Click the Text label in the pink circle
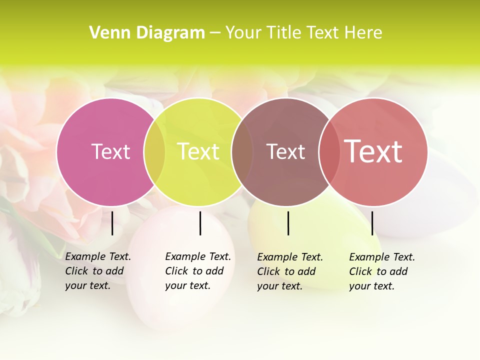click(x=110, y=151)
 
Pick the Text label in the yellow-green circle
click(x=198, y=151)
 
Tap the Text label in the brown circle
click(x=285, y=151)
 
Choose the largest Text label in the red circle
click(x=373, y=151)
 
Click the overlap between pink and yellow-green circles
click(x=154, y=151)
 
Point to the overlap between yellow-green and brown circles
click(x=242, y=151)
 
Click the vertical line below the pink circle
click(x=112, y=223)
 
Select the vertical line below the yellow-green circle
click(x=200, y=223)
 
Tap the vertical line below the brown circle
click(x=288, y=223)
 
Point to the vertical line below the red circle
click(x=372, y=223)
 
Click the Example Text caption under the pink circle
click(x=97, y=271)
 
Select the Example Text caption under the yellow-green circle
click(x=197, y=271)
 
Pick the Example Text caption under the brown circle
click(x=289, y=271)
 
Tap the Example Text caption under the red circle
click(x=381, y=271)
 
